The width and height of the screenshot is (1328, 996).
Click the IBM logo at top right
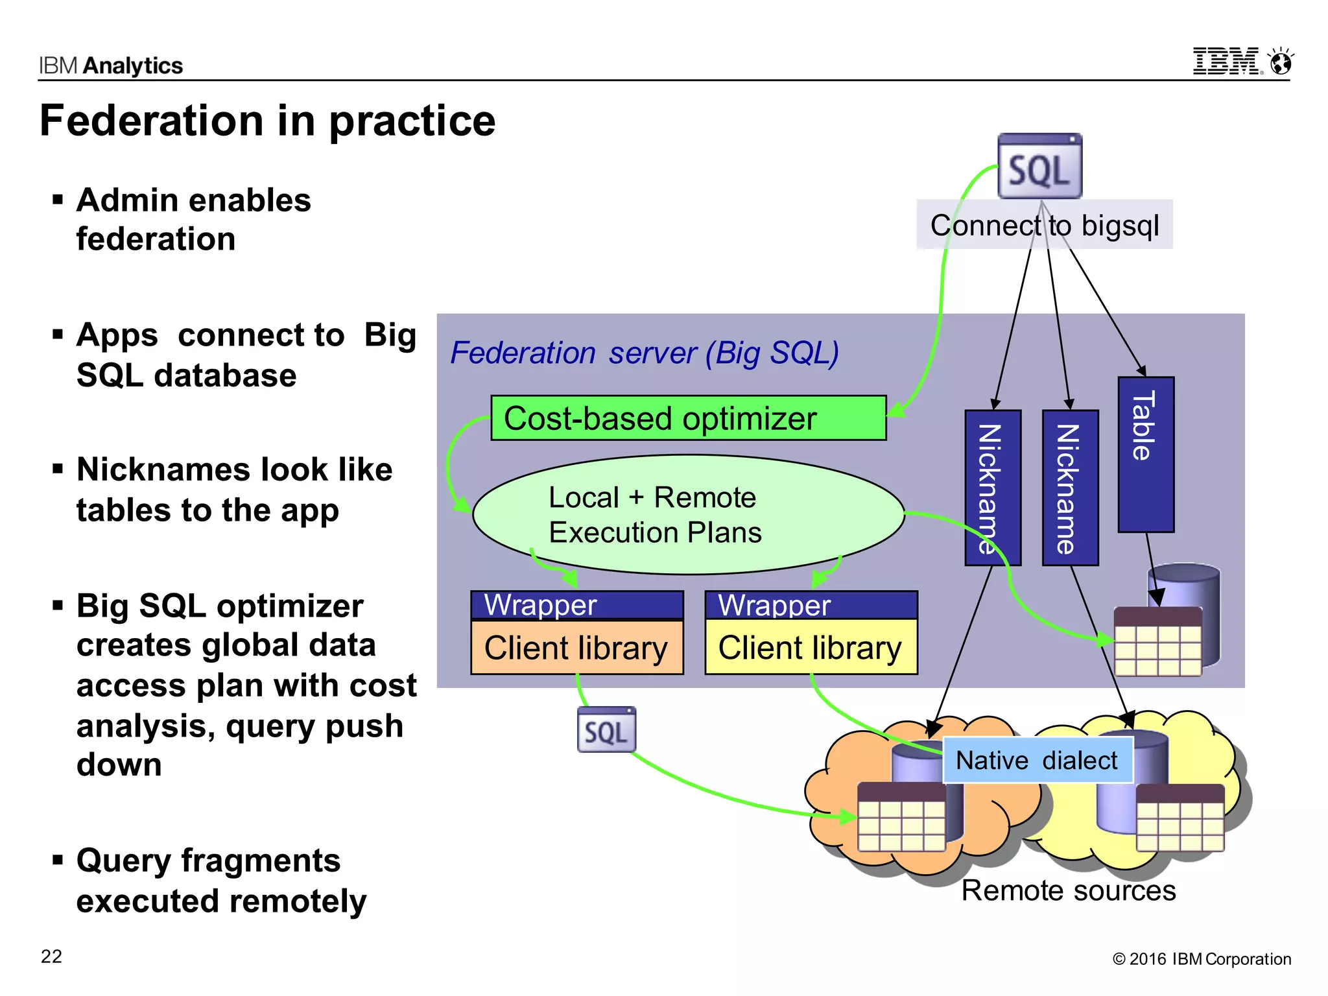click(1227, 62)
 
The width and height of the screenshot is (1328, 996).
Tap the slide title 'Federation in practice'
click(267, 121)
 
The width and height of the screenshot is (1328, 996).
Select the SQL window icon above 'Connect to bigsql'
click(1039, 167)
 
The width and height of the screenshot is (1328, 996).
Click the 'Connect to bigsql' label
click(1044, 226)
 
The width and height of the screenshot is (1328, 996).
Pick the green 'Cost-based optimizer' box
click(688, 418)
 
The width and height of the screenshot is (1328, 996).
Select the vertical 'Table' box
click(1145, 454)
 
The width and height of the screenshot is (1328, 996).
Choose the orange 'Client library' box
click(576, 647)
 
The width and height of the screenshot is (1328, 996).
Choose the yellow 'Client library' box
click(811, 647)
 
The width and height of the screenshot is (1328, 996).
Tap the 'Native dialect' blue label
click(1036, 760)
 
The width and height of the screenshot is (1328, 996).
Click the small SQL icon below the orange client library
click(606, 731)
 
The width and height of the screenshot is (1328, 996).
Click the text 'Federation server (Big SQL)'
click(645, 353)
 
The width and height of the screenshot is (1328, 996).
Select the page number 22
click(51, 956)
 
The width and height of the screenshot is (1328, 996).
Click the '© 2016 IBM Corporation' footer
click(1201, 959)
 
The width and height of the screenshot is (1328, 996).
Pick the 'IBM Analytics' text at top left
click(111, 65)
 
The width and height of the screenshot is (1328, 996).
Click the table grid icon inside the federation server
click(1157, 642)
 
